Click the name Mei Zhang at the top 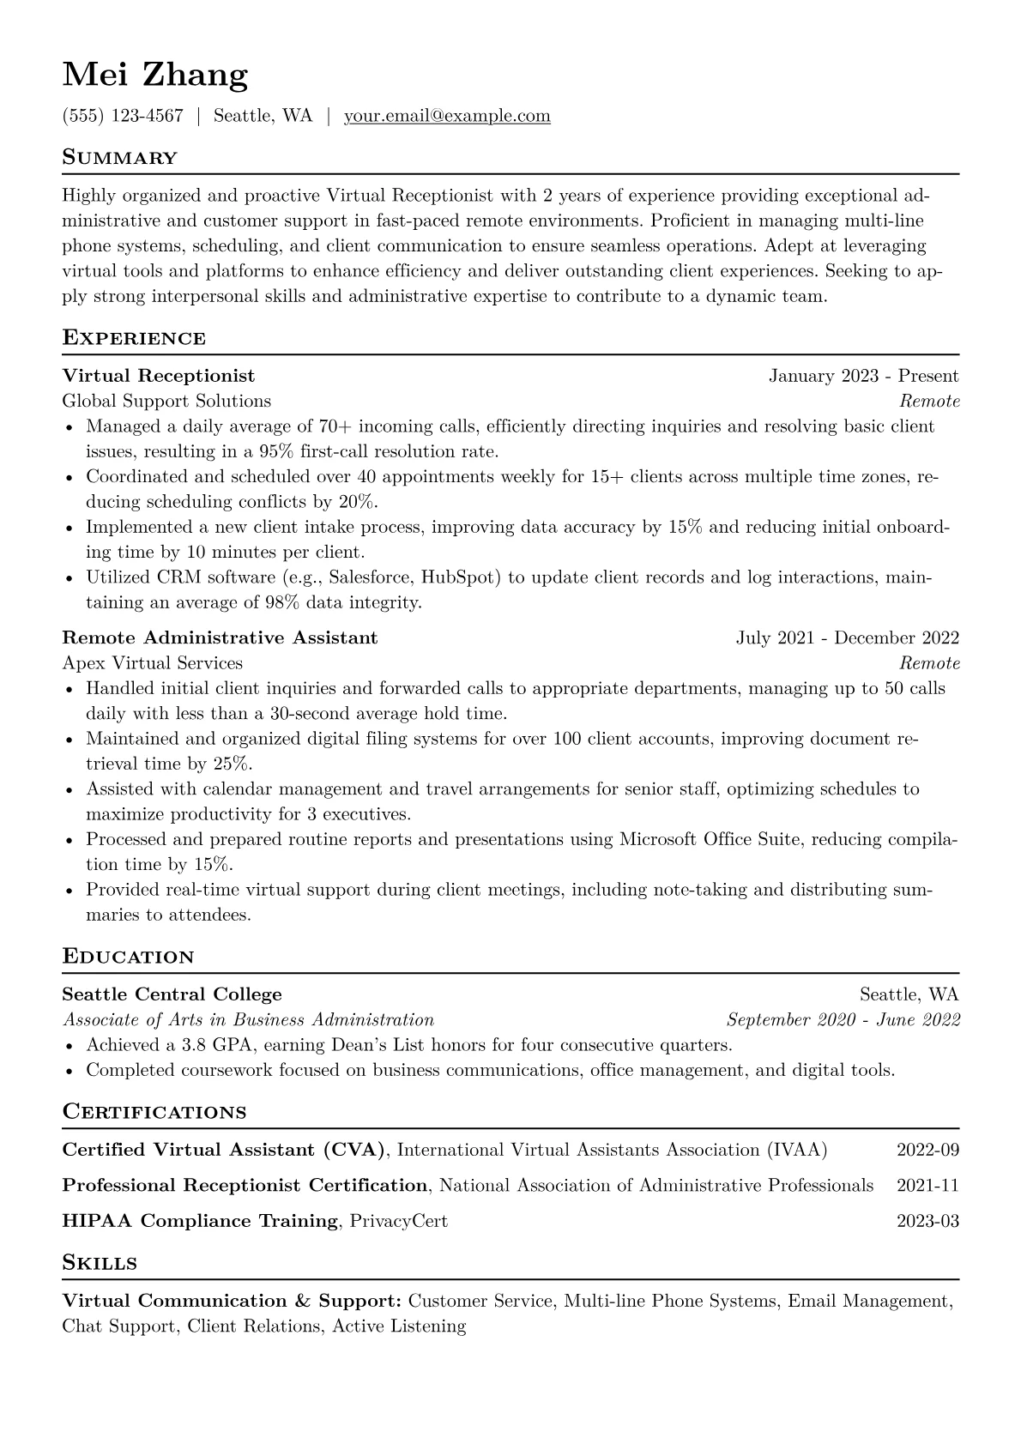coord(155,76)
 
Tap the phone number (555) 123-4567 coord(123,116)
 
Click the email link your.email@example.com coord(447,116)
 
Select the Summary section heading coord(119,158)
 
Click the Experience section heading coord(134,338)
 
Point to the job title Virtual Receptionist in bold coord(159,376)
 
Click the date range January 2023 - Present coord(863,376)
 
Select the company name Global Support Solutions coord(166,401)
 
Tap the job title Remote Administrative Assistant coord(220,637)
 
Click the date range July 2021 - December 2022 coord(847,637)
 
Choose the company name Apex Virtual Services coord(153,663)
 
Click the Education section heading coord(128,957)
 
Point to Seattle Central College coord(172,994)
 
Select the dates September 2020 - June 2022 coord(843,1020)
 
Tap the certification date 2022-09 coord(927,1150)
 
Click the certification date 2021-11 coord(927,1186)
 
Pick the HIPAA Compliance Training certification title coord(200,1221)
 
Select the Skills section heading coord(100,1263)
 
